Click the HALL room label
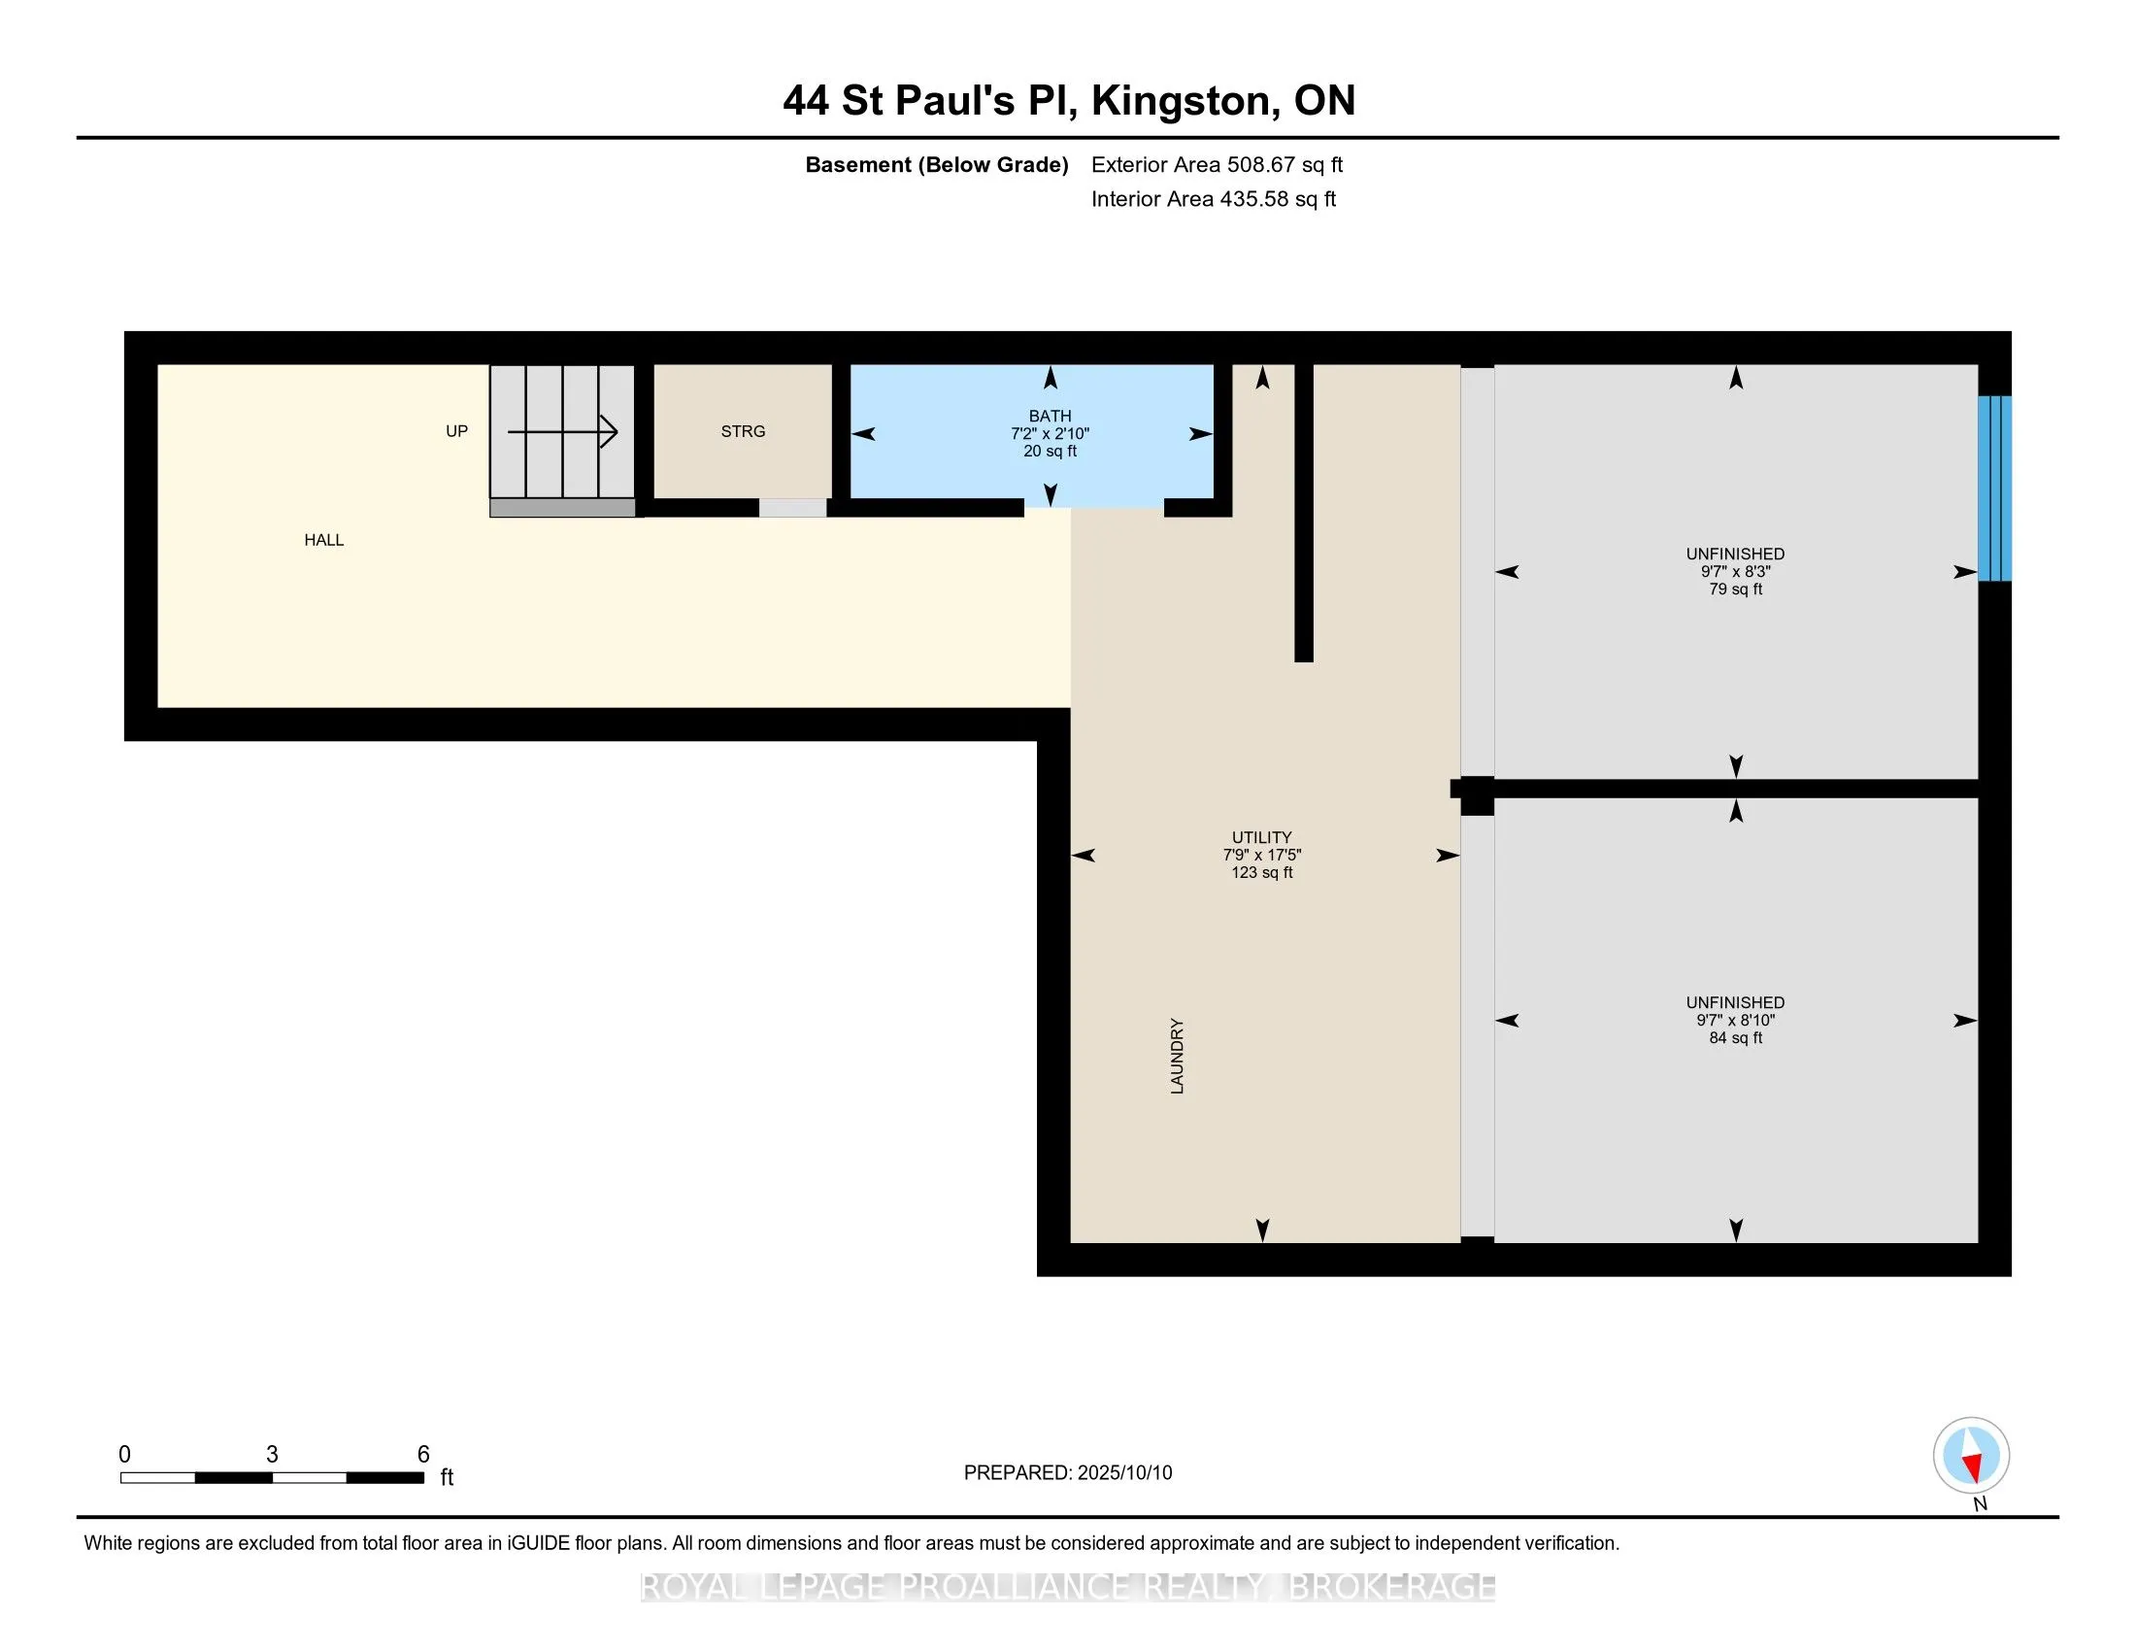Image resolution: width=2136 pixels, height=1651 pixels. pyautogui.click(x=323, y=540)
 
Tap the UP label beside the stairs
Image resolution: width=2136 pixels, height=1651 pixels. pyautogui.click(x=456, y=431)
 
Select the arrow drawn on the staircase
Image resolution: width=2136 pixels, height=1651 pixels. pyautogui.click(x=562, y=431)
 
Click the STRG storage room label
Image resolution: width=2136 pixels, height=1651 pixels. pyautogui.click(x=744, y=431)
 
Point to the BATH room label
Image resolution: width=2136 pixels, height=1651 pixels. pyautogui.click(x=1051, y=416)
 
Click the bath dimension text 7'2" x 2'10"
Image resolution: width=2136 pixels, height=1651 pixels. pyautogui.click(x=1051, y=433)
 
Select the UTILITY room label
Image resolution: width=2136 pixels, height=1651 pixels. pyautogui.click(x=1261, y=837)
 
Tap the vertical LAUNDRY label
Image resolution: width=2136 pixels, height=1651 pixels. pyautogui.click(x=1178, y=1056)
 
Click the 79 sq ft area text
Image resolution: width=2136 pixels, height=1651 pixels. pyautogui.click(x=1736, y=589)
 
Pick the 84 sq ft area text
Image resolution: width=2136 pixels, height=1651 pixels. pyautogui.click(x=1736, y=1038)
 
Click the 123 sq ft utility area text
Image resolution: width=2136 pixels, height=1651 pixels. pyautogui.click(x=1261, y=872)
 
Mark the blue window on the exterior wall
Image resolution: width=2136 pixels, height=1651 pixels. pyautogui.click(x=1995, y=489)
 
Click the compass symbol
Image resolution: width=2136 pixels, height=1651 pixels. pyautogui.click(x=1972, y=1455)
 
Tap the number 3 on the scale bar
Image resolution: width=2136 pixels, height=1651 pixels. pyautogui.click(x=272, y=1455)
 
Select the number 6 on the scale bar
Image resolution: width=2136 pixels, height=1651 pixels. pyautogui.click(x=423, y=1455)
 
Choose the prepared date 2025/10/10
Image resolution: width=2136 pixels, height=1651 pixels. pyautogui.click(x=1124, y=1472)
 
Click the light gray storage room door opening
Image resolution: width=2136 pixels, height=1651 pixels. pyautogui.click(x=793, y=508)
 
